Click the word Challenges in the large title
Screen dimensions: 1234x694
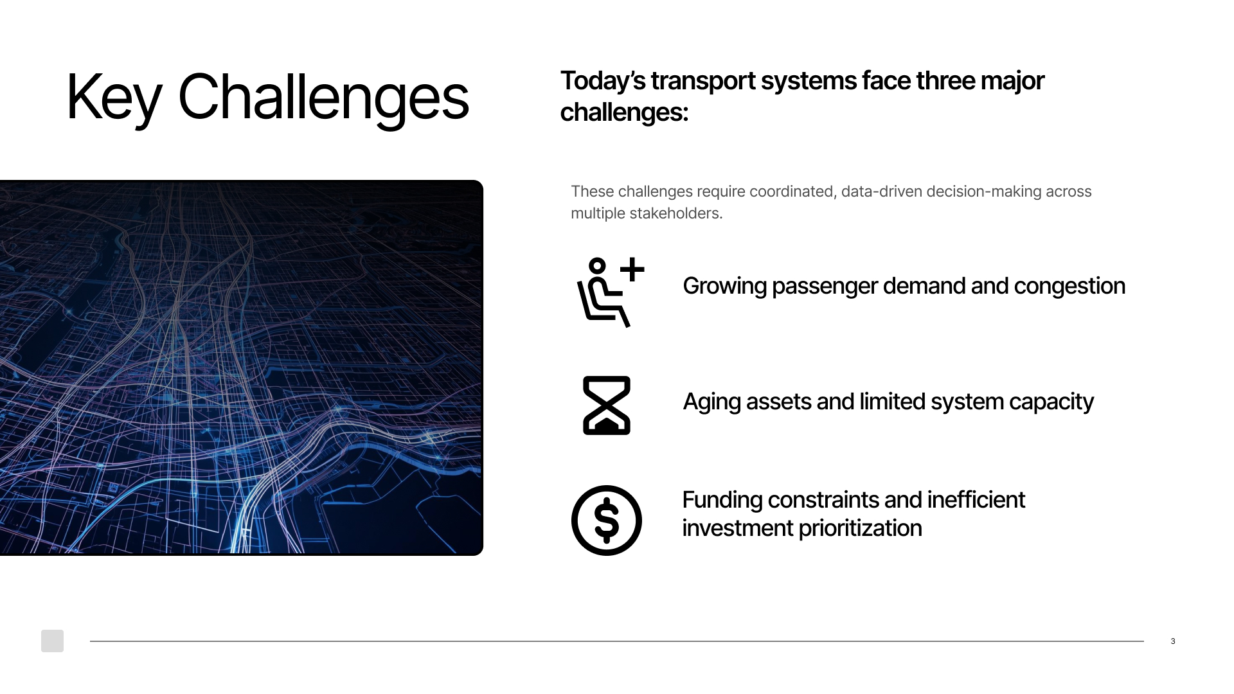coord(323,98)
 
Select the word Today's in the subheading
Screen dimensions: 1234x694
coord(603,82)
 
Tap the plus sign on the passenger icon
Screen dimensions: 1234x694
coord(632,269)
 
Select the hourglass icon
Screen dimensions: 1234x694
coord(607,405)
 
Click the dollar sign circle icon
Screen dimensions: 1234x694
coord(607,520)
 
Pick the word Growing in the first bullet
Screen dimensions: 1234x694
coord(725,287)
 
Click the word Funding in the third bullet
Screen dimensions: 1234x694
coord(722,500)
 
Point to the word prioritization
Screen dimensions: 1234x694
coord(860,528)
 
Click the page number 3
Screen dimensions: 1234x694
coord(1173,641)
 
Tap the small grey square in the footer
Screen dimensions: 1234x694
coord(52,641)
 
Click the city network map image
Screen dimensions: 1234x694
coord(241,368)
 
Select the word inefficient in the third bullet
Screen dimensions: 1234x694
coord(976,500)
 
